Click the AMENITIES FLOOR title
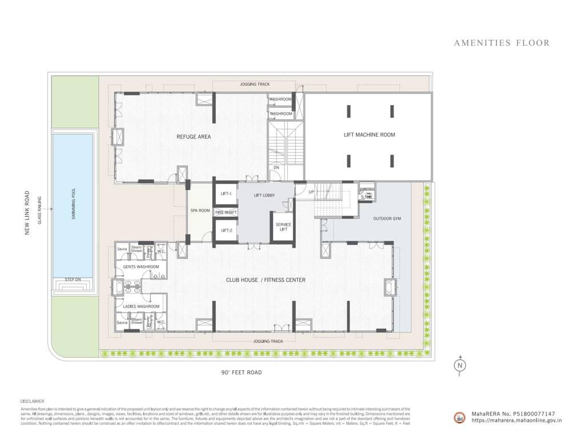(x=502, y=43)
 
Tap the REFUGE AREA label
(x=194, y=137)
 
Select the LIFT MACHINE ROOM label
(x=369, y=135)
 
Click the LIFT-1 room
(x=226, y=194)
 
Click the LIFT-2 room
(x=226, y=230)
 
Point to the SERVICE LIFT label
(x=283, y=228)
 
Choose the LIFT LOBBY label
(x=265, y=195)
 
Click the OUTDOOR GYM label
(x=387, y=219)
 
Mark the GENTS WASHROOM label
(x=141, y=267)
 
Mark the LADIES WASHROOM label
(x=141, y=306)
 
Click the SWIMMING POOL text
(x=74, y=205)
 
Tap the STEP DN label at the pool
(x=73, y=280)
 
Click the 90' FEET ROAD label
(x=242, y=373)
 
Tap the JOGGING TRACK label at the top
(x=255, y=85)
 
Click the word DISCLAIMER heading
(x=32, y=402)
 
